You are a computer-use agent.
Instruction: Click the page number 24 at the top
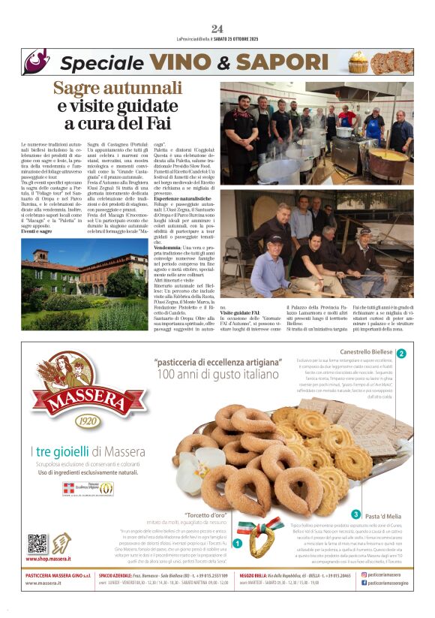[x=217, y=29]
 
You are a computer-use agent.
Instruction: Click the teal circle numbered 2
[x=402, y=353]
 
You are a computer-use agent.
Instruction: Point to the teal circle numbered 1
[x=238, y=543]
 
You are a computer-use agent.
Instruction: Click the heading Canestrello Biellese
[x=365, y=352]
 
